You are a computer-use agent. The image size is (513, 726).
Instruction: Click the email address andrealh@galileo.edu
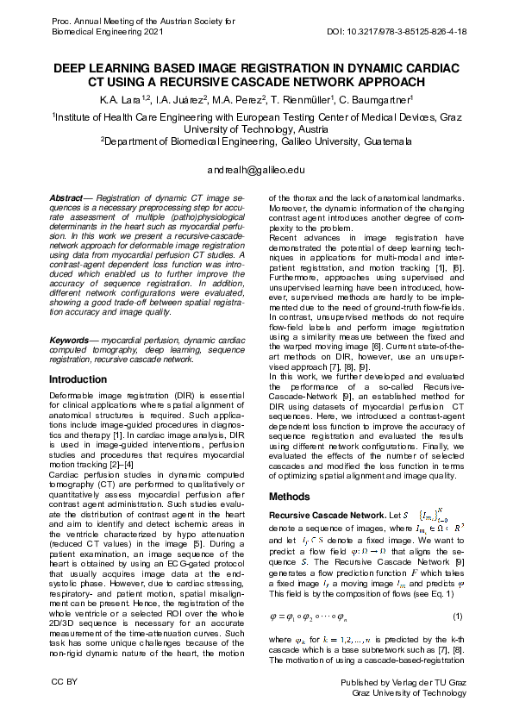(x=256, y=171)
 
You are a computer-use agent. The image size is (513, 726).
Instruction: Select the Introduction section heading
(x=78, y=379)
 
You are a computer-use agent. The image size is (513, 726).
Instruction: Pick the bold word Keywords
(x=72, y=341)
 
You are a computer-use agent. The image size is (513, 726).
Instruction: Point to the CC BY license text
(x=65, y=683)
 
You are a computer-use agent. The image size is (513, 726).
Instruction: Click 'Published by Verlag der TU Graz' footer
(x=404, y=683)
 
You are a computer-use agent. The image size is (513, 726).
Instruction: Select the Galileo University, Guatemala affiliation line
(x=257, y=142)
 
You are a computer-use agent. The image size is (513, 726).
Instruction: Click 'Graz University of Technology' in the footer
(x=410, y=692)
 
